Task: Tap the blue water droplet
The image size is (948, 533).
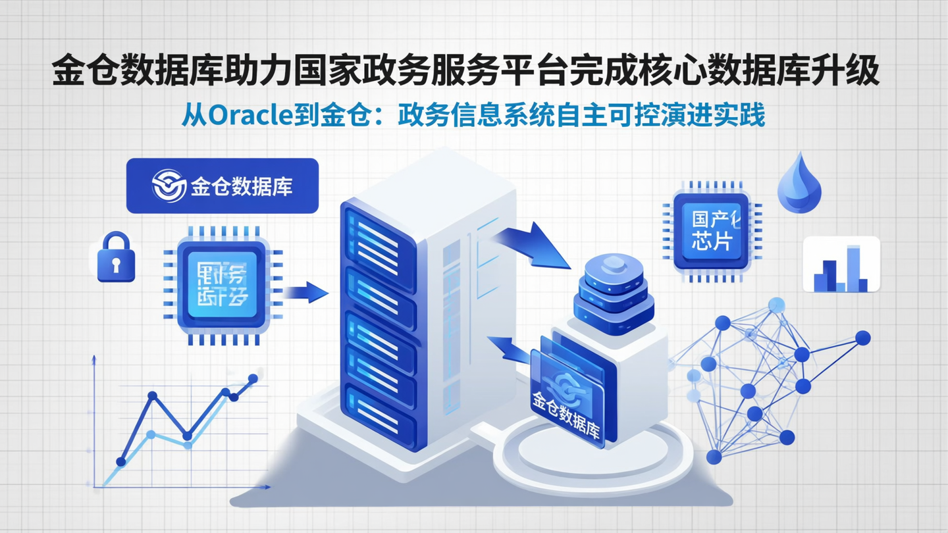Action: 799,182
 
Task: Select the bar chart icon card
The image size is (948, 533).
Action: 841,265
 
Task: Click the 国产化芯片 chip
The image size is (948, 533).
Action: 711,231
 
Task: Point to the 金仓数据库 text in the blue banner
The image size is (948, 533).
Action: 242,186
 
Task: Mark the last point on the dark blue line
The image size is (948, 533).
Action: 253,378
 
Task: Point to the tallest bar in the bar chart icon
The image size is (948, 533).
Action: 854,268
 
